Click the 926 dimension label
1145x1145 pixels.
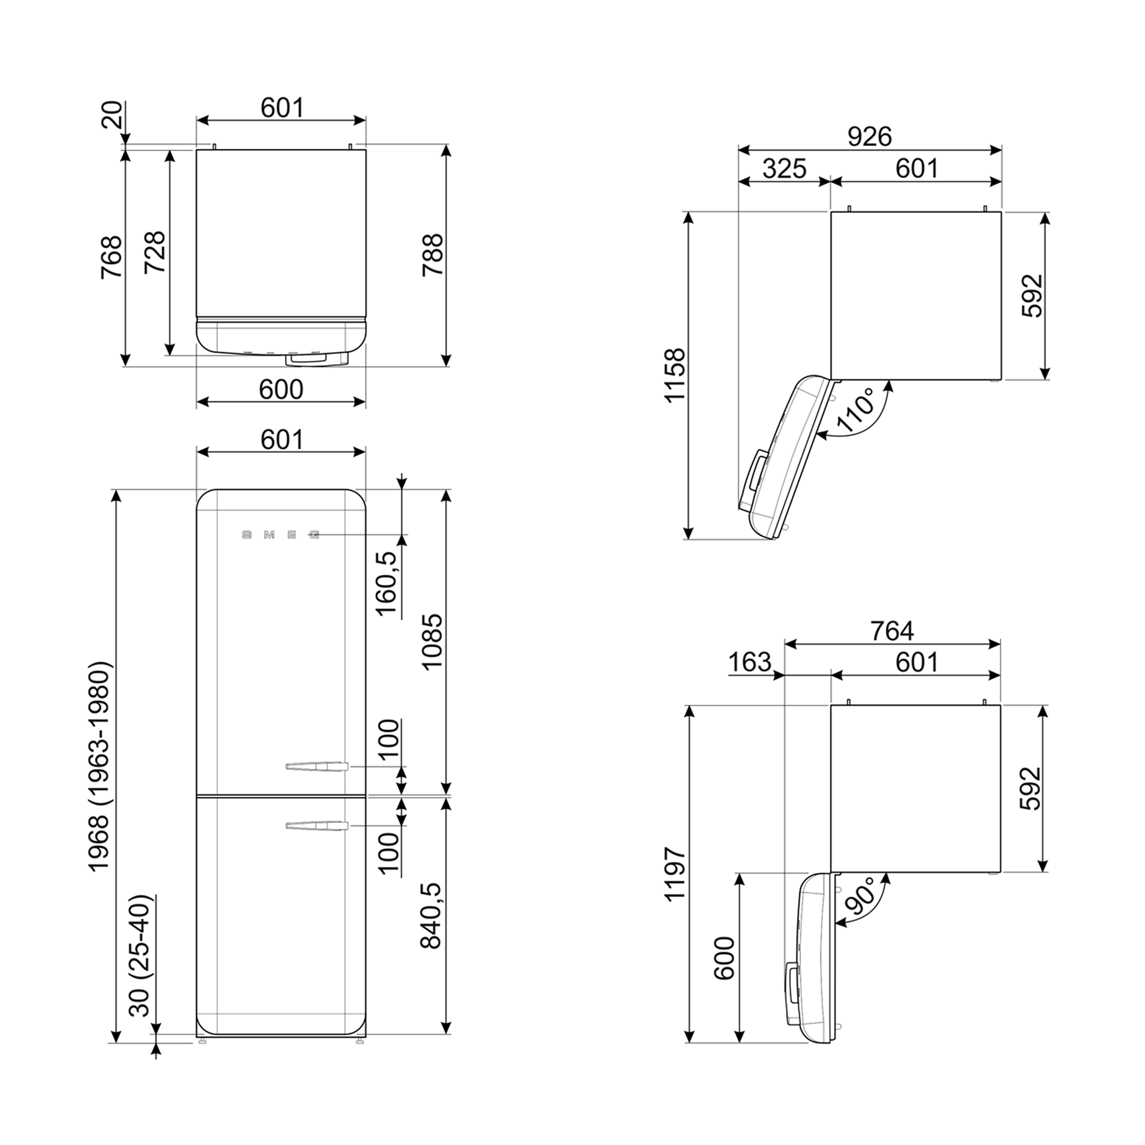coord(869,137)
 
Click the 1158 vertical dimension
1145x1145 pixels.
coord(675,376)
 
